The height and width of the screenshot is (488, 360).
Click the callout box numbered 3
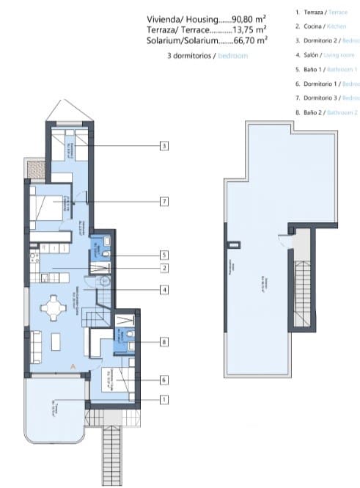click(x=164, y=146)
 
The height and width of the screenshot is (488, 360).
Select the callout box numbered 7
click(x=164, y=200)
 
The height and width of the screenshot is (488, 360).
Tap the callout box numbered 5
click(x=164, y=255)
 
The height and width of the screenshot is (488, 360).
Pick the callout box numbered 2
click(x=164, y=269)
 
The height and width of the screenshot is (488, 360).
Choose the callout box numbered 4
click(x=164, y=290)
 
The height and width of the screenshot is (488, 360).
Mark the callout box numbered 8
click(x=164, y=341)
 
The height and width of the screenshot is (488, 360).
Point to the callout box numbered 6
click(x=164, y=379)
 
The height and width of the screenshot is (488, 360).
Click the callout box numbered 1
click(x=164, y=400)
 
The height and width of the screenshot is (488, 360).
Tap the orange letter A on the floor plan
click(x=72, y=365)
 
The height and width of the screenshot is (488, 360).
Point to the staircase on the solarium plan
click(x=301, y=286)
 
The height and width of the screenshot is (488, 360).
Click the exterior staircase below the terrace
click(x=110, y=455)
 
